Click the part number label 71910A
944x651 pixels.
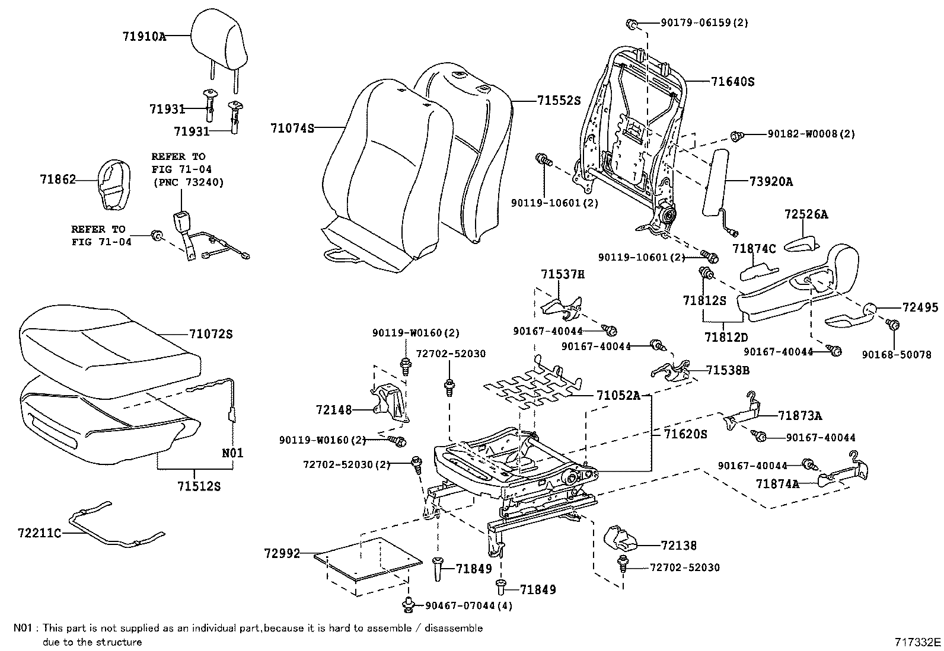point(144,36)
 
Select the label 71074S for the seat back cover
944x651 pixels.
point(292,128)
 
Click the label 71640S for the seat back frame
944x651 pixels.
point(732,82)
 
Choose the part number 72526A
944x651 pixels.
point(806,214)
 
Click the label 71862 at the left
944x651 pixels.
point(58,179)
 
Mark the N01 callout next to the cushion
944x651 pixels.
point(233,453)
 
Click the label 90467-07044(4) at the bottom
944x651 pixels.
point(469,605)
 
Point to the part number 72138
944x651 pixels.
point(678,545)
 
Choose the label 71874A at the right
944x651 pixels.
point(777,483)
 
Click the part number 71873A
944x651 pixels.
point(800,416)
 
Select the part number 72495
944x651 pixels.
point(920,307)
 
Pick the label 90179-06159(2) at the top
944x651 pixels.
point(704,23)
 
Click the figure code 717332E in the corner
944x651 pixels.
point(918,641)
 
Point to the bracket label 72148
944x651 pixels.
point(334,409)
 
